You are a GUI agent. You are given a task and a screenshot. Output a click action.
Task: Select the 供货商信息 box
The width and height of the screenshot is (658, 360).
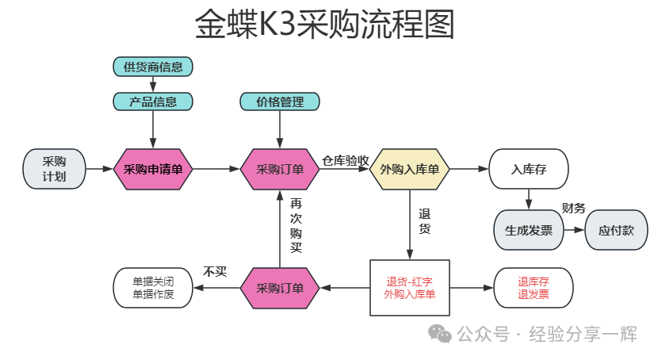[x=153, y=67]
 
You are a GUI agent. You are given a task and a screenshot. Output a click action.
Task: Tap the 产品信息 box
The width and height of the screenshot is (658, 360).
[x=153, y=101]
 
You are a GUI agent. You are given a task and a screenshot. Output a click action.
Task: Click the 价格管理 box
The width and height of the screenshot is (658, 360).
[x=280, y=101]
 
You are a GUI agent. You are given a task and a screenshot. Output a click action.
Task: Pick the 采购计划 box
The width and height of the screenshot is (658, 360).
[x=54, y=168]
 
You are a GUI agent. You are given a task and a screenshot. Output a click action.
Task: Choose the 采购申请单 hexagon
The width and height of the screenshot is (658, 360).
[x=153, y=169]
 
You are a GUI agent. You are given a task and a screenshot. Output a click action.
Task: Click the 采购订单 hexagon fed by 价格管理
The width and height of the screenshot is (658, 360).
[x=280, y=169]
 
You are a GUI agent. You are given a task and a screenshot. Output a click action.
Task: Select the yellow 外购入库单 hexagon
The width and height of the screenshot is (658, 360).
[x=409, y=169]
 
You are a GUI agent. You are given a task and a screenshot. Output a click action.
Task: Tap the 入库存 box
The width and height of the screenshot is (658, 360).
[x=529, y=169]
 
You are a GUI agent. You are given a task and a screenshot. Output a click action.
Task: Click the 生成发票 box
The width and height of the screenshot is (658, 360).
[x=529, y=231]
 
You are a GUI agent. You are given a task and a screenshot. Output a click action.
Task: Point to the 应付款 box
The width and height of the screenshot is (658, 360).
[x=616, y=231]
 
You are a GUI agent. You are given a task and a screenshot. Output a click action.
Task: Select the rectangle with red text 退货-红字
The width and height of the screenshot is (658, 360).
[x=409, y=288]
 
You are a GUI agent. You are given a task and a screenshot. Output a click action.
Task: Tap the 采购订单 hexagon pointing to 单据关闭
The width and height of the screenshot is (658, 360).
[x=280, y=288]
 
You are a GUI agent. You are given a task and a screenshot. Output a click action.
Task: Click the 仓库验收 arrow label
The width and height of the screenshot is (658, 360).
[x=346, y=160]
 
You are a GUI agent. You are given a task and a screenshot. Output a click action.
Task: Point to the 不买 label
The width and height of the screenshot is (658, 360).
[x=215, y=271]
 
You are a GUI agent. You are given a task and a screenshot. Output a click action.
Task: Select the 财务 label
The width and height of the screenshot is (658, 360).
[x=573, y=209]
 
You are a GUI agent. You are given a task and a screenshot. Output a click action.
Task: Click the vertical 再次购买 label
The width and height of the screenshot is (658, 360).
[x=296, y=225]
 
